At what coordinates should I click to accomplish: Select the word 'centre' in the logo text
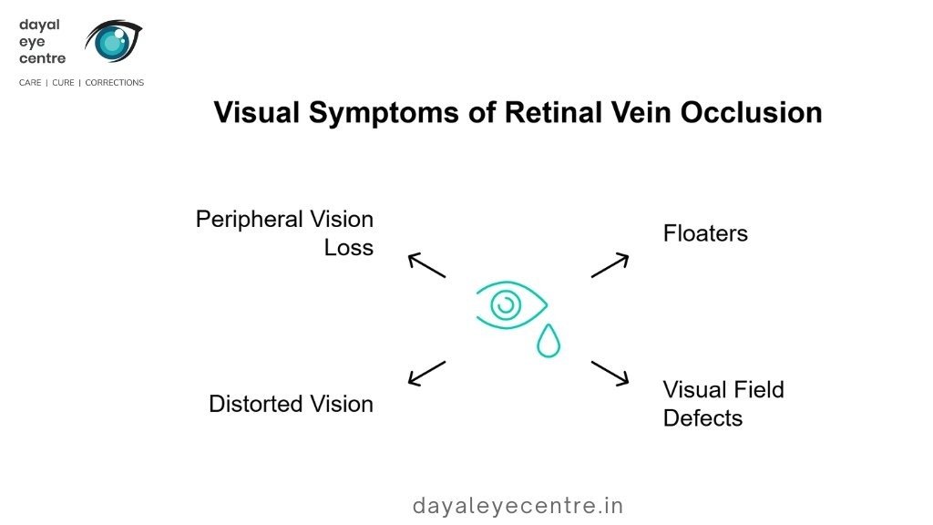pos(42,59)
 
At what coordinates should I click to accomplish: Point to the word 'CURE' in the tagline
pos(65,83)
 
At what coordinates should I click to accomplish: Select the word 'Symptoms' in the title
pos(374,113)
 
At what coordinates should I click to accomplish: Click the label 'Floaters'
pos(705,233)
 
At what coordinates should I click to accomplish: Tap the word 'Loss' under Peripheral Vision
pos(349,248)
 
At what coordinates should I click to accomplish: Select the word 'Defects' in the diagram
pos(702,418)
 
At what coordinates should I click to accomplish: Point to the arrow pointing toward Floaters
pos(610,264)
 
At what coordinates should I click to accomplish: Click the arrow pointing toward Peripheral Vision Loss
pos(425,264)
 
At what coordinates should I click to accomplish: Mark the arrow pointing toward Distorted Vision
pos(426,372)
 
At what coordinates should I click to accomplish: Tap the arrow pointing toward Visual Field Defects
pos(610,372)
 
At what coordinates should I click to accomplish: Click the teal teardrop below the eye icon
pos(549,341)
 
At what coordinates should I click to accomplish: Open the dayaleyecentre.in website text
pos(518,505)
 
